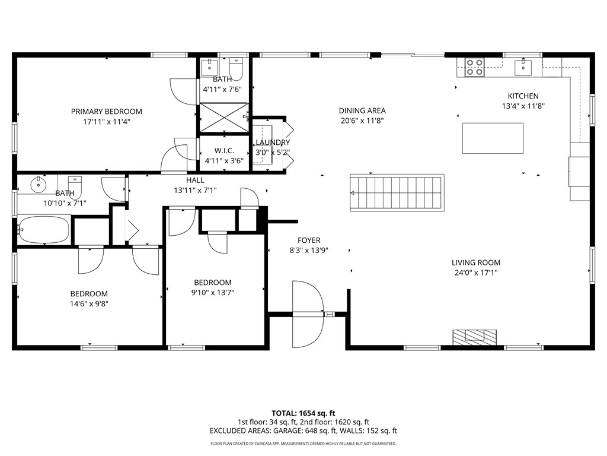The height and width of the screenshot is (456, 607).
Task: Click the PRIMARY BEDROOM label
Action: [107, 112]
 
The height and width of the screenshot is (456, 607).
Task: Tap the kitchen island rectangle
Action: [493, 138]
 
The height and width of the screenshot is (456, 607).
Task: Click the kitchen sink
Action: [523, 67]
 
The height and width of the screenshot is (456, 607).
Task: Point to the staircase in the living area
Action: [397, 192]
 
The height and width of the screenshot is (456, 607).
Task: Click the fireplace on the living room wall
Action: [474, 337]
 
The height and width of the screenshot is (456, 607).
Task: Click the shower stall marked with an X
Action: [223, 117]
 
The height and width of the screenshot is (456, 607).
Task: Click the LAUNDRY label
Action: [273, 142]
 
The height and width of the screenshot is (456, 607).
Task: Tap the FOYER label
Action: [309, 240]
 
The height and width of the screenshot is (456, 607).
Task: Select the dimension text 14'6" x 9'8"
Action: [89, 303]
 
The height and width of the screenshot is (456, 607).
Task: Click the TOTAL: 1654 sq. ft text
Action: [303, 413]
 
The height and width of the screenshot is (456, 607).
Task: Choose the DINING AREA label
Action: [362, 110]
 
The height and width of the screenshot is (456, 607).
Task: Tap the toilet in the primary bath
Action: [237, 68]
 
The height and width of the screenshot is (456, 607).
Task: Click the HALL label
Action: [195, 180]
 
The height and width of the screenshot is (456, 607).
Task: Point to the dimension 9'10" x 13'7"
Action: [213, 292]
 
